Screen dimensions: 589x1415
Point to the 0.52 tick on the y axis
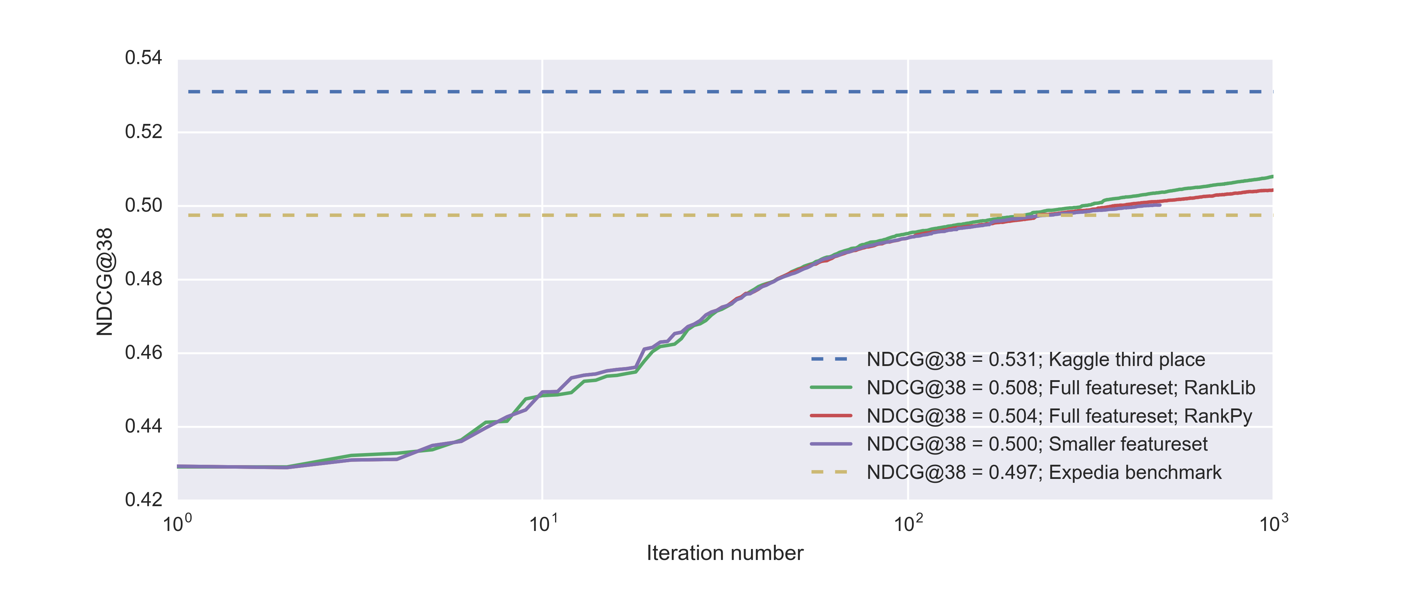(x=143, y=132)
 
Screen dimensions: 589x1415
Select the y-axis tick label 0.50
(x=143, y=206)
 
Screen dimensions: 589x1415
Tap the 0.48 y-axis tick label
(x=143, y=279)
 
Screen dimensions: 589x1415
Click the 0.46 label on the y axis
(x=143, y=353)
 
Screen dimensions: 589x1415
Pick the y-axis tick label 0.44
(x=143, y=427)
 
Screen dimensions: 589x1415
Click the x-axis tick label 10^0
(x=178, y=524)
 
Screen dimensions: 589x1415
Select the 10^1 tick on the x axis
(x=543, y=524)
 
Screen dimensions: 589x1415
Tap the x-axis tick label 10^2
(x=908, y=524)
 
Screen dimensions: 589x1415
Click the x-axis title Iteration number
(x=724, y=553)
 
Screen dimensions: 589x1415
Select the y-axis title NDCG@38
(x=104, y=281)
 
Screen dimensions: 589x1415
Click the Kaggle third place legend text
(x=1035, y=359)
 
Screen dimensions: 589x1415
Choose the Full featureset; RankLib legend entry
(x=1061, y=388)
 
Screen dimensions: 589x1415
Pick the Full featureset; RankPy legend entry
(x=1059, y=416)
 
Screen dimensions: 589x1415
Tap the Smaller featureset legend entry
(x=1037, y=444)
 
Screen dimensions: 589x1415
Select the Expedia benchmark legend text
(x=1044, y=473)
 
